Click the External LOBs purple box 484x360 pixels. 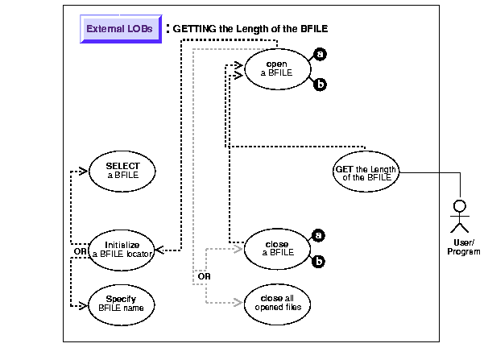tap(119, 28)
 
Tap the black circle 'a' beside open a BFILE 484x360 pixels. tap(321, 54)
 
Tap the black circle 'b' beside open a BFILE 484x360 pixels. tap(321, 83)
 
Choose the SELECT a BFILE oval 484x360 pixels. tap(122, 170)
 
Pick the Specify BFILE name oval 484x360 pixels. tap(122, 302)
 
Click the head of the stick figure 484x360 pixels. tap(460, 205)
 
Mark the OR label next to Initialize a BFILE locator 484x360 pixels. tap(80, 251)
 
